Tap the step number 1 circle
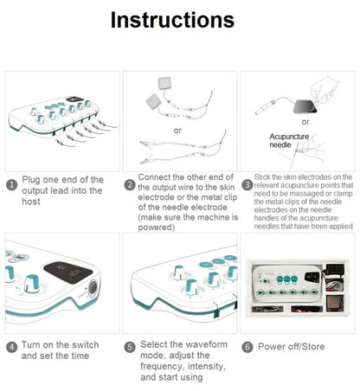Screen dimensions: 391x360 [x=11, y=184]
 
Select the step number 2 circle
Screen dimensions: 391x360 [x=130, y=184]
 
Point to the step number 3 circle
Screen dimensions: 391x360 [x=247, y=184]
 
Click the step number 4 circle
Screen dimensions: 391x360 [x=11, y=346]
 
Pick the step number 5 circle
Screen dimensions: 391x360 [x=130, y=346]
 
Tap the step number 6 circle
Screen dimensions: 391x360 [x=247, y=346]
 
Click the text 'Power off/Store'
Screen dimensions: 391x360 [x=291, y=346]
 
